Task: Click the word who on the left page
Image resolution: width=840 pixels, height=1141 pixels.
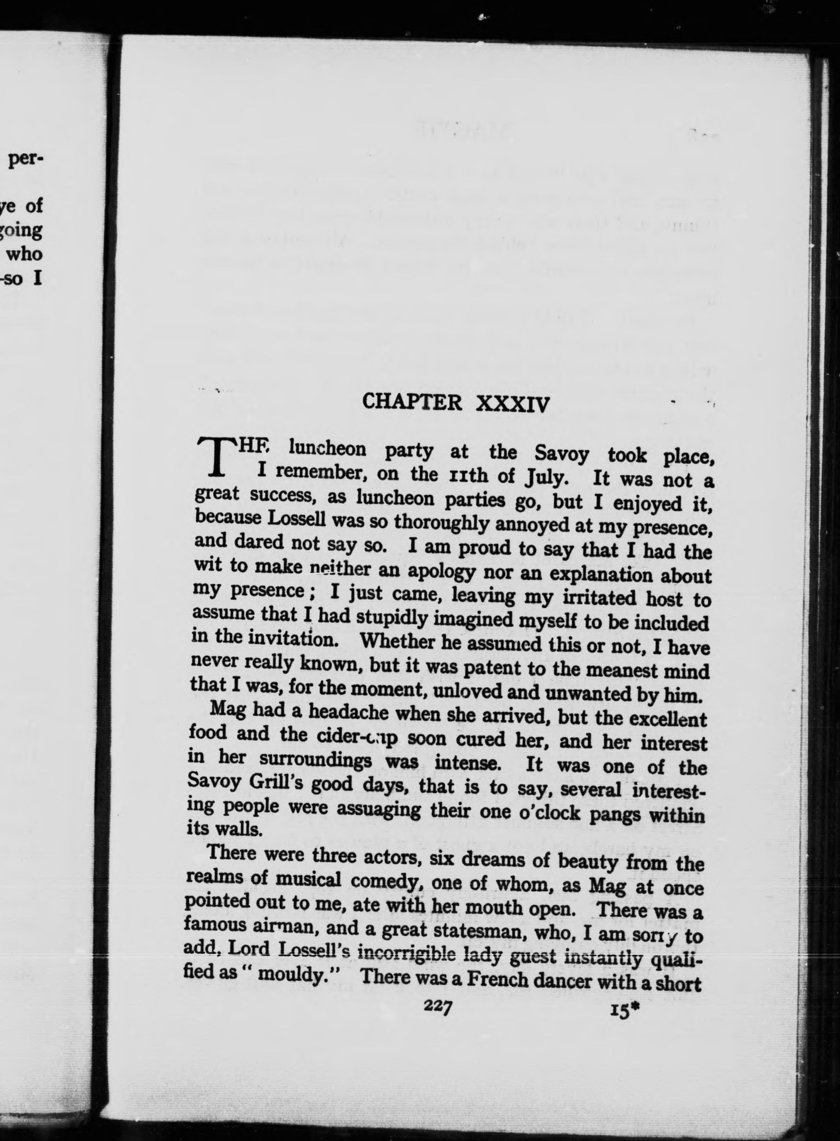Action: point(24,253)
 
